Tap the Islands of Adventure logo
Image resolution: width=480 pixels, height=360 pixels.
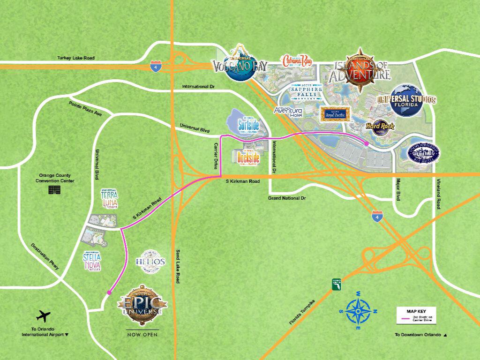click(x=360, y=70)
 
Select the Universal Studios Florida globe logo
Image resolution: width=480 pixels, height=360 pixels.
click(x=406, y=99)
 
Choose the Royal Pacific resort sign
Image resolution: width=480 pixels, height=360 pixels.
click(x=334, y=114)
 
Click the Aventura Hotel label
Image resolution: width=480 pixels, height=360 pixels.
click(x=288, y=111)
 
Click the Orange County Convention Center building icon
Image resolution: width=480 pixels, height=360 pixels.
click(x=54, y=190)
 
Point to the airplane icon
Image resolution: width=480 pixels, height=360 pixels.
click(x=43, y=316)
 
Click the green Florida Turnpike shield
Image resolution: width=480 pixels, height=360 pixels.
click(x=336, y=285)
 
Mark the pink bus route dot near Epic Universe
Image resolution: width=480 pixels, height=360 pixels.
click(x=109, y=292)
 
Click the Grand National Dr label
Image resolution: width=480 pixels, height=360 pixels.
click(x=286, y=199)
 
